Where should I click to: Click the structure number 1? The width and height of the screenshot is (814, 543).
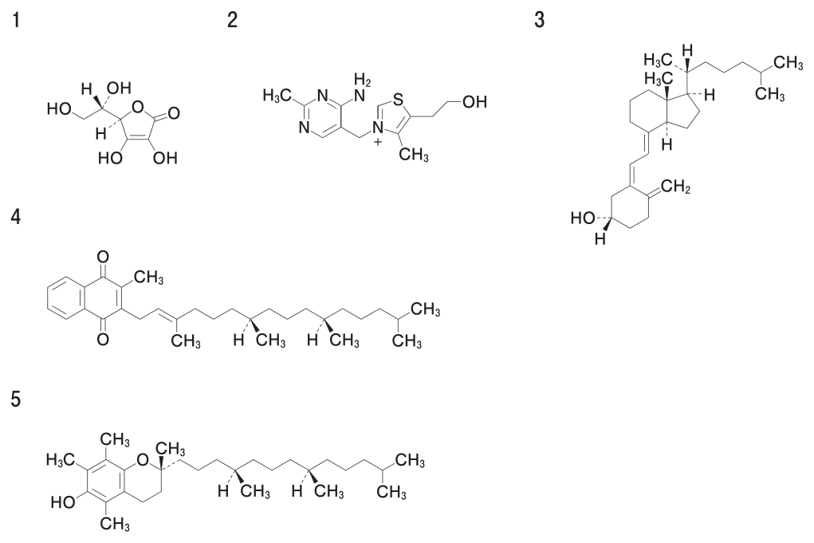(17, 21)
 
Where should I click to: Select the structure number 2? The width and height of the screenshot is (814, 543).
(232, 21)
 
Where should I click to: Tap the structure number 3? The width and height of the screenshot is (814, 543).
(540, 21)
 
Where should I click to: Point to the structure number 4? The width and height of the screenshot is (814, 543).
(16, 216)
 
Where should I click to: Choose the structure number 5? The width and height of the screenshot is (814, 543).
(16, 399)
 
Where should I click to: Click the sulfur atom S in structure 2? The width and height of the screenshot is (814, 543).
(398, 98)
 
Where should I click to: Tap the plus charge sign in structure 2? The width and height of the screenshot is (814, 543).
(377, 140)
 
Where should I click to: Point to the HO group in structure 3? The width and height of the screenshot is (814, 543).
(583, 218)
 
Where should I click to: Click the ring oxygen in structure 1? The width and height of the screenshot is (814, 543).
(138, 107)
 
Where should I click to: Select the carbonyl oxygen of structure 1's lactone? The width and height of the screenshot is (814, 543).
(174, 112)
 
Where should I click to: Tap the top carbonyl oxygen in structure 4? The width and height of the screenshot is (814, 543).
(103, 257)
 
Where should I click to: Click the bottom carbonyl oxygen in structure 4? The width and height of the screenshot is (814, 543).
(103, 340)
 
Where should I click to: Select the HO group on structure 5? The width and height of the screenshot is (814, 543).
(63, 502)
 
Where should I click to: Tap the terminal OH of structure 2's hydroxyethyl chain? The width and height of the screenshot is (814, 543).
(474, 102)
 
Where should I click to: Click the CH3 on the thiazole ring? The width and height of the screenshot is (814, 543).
(414, 154)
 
